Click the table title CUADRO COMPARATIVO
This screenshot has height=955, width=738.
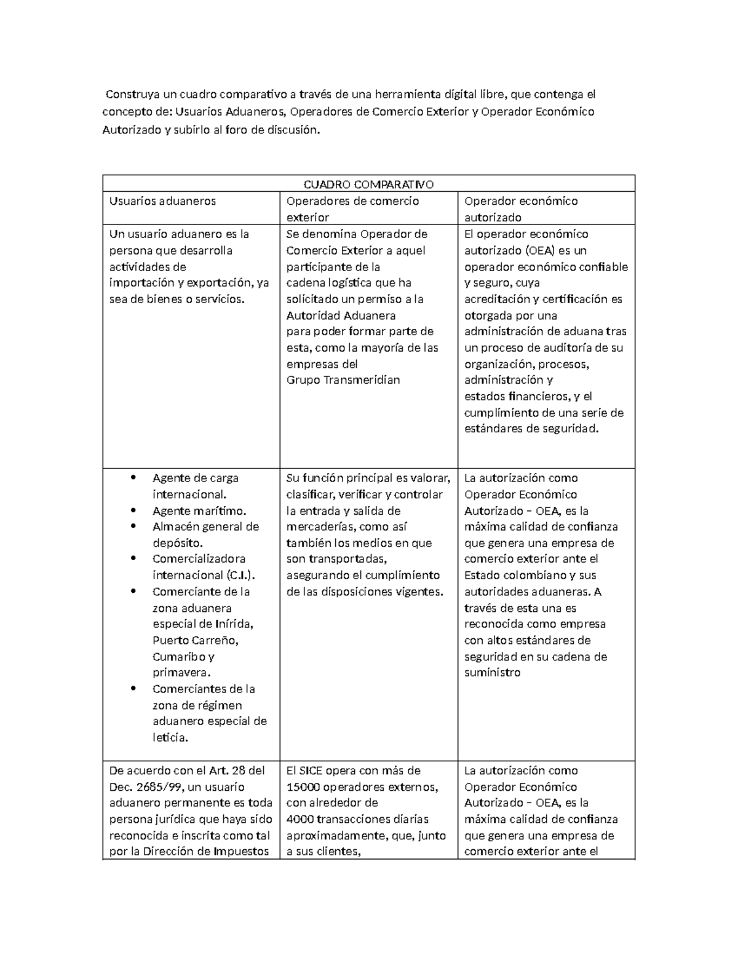tap(368, 184)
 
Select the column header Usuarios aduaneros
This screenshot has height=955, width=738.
tap(162, 201)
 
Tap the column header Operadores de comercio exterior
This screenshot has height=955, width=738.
tap(352, 208)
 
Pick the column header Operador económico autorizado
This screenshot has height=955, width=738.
tap(520, 208)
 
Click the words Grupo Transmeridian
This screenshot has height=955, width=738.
tap(343, 380)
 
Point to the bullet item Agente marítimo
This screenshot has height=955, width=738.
tap(199, 510)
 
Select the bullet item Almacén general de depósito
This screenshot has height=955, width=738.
tap(205, 534)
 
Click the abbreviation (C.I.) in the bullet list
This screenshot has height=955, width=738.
tap(240, 576)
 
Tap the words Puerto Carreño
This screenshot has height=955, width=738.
tap(195, 640)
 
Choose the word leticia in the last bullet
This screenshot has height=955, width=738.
tap(169, 737)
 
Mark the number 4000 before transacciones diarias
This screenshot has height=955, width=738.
tap(300, 819)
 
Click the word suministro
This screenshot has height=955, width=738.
tap(492, 673)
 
